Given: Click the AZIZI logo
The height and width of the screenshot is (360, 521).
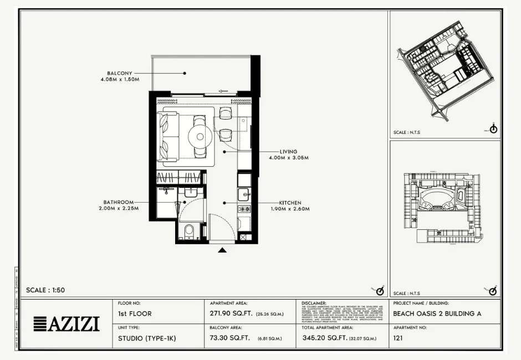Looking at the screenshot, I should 67,323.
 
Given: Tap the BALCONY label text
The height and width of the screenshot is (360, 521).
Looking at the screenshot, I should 120,73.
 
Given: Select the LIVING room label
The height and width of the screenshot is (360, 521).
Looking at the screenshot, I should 288,152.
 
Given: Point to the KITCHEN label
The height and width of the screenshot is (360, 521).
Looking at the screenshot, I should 290,203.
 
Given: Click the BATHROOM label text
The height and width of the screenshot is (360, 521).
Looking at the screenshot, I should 119,202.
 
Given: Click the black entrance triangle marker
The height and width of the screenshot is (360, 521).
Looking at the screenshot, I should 222,250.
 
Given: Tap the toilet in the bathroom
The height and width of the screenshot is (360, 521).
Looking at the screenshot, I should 188,230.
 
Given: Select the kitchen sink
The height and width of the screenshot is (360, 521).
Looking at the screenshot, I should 244,194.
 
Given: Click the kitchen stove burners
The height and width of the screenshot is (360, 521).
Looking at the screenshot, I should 244,209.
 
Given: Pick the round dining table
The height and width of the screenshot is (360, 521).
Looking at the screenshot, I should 200,135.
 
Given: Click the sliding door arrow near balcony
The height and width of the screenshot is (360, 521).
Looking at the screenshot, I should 224,91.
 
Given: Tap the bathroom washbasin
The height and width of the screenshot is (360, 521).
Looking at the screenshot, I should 190,192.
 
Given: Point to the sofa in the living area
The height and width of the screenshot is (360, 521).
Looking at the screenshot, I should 167,136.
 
